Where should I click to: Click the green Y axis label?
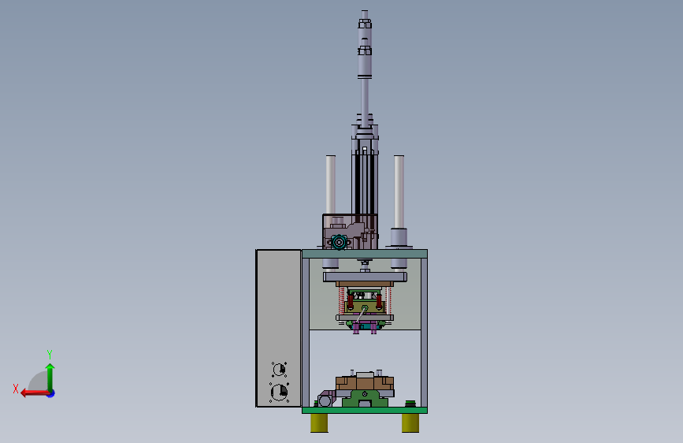tap(50, 354)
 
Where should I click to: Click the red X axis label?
tap(16, 389)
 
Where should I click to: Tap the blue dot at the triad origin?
tap(51, 393)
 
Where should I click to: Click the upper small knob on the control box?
tap(279, 370)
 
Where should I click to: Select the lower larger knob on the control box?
tap(279, 392)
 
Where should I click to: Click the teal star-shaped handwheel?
tap(339, 241)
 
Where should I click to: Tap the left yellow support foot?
tap(319, 423)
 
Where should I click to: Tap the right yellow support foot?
tap(410, 423)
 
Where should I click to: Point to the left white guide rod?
tap(331, 184)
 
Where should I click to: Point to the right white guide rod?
tap(399, 192)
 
